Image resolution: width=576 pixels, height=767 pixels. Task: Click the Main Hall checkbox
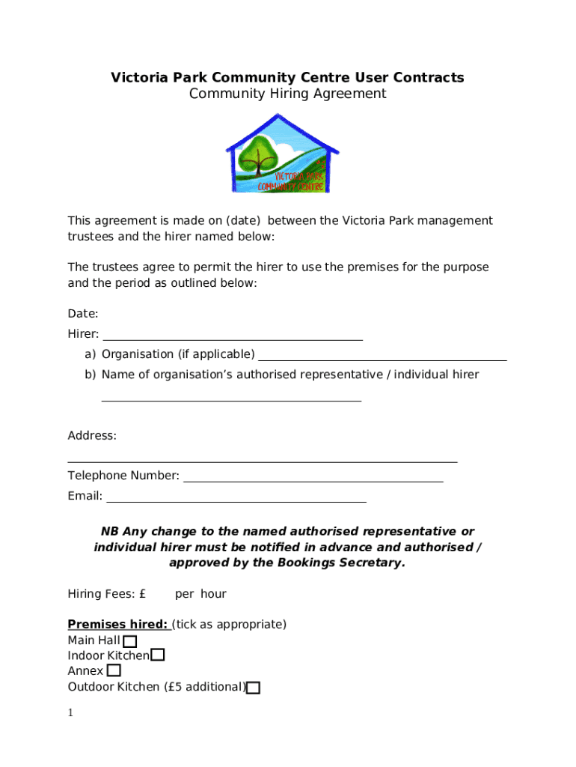130,641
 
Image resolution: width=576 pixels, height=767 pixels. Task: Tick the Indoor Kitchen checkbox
158,655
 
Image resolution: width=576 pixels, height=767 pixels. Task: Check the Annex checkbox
114,671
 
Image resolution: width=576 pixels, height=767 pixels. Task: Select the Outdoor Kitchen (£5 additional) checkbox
254,688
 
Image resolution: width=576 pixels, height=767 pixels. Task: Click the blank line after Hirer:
232,339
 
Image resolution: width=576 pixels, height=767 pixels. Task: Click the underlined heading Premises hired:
118,624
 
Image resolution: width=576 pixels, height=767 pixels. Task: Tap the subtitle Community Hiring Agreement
287,94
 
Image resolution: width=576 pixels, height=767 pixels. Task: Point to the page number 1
70,713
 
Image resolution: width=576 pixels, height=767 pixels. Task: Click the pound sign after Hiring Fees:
142,594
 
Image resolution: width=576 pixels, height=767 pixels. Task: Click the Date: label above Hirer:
83,313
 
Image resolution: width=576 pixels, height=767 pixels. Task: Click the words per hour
200,594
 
